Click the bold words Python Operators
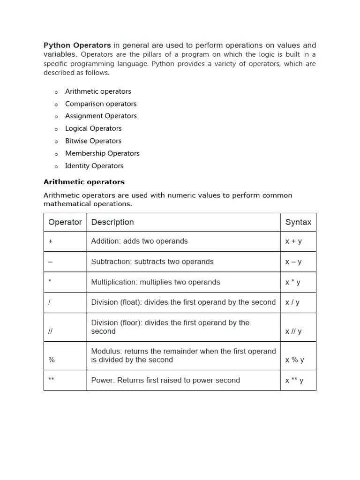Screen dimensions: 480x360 77,45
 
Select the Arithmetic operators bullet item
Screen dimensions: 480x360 98,91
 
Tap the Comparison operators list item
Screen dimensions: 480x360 101,104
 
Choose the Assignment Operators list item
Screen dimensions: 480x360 101,116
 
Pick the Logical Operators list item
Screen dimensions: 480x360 93,128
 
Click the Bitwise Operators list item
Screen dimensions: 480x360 93,141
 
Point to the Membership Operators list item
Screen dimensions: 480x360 102,153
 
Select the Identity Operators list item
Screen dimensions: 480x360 94,166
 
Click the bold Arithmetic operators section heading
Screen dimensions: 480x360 84,182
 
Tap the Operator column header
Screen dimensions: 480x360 65,222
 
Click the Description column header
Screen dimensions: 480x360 112,222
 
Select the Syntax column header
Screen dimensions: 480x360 298,222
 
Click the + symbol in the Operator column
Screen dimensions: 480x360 51,241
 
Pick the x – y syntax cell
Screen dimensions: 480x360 293,262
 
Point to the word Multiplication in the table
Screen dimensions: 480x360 112,282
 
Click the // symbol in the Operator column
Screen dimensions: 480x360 51,331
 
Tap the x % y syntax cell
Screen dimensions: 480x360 294,360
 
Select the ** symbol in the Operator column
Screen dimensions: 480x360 52,379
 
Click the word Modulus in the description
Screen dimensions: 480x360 105,352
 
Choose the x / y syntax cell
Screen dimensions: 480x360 292,303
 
